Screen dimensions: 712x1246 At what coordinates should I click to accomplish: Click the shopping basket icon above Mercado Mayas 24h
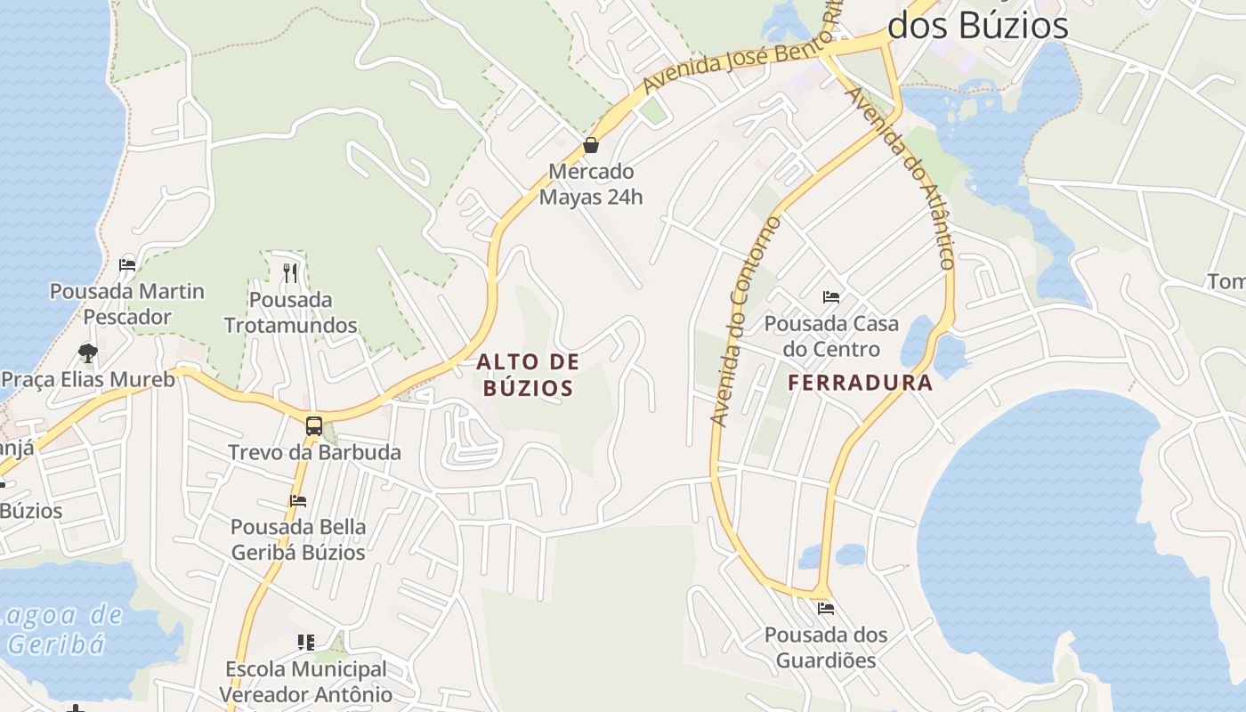click(590, 145)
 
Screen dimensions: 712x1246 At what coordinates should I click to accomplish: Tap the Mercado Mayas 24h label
click(591, 184)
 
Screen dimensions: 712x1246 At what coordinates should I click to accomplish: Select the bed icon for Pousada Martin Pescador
click(126, 265)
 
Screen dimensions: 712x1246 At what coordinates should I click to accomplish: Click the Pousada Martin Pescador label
click(127, 304)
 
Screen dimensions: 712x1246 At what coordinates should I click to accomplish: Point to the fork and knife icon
click(289, 272)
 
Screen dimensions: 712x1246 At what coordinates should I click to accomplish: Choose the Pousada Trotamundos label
click(291, 312)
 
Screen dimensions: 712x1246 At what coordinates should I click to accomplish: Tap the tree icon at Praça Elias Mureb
click(87, 353)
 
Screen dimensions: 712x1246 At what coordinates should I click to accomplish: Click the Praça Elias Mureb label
click(88, 380)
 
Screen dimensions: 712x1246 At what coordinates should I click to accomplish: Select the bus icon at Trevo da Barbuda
click(313, 425)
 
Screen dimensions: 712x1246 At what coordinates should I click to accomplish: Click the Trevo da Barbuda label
click(314, 452)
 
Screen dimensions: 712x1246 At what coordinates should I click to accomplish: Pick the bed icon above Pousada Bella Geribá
click(297, 501)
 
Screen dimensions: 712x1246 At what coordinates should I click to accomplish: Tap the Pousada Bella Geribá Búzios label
click(298, 539)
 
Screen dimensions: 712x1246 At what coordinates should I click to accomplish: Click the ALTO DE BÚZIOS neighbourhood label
click(528, 375)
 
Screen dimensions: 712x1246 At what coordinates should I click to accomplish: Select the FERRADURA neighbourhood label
click(861, 384)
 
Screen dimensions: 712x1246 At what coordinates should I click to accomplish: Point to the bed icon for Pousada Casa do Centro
click(831, 297)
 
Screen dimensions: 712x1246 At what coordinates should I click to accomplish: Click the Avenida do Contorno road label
click(746, 320)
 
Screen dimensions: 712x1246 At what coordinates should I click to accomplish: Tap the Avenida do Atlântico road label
click(901, 176)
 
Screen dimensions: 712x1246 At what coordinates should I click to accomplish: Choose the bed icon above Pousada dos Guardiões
click(825, 609)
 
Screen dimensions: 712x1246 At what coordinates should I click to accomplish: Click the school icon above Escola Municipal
click(306, 642)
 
